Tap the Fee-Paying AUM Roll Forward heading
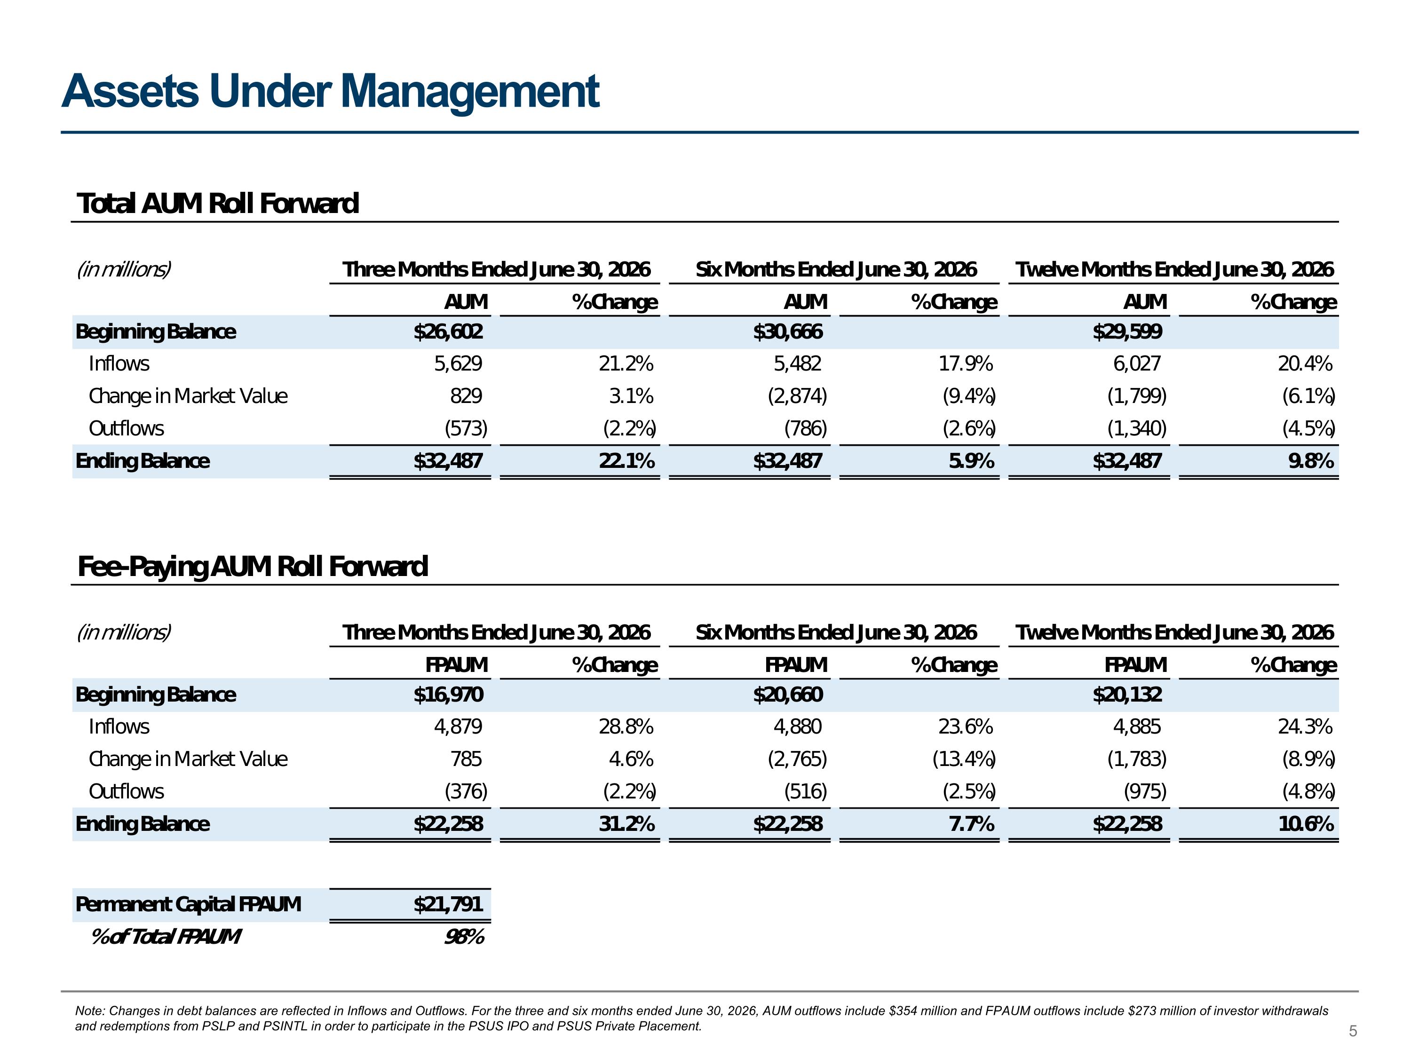coord(252,567)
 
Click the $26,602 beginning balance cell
coord(448,332)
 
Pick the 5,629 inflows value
coord(458,363)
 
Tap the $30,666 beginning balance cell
coord(788,332)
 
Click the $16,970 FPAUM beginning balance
coord(448,695)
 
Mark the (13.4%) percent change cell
coord(964,759)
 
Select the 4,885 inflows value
coord(1137,726)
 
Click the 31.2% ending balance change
coord(626,824)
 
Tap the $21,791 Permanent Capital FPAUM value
coord(448,904)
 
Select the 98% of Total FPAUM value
coord(464,937)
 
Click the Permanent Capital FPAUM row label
coord(188,904)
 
